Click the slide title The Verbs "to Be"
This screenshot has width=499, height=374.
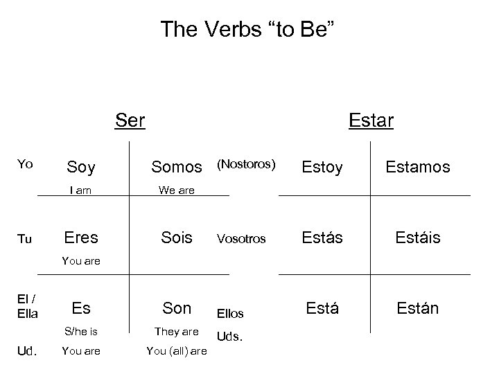click(x=249, y=29)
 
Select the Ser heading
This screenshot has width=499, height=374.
click(x=130, y=121)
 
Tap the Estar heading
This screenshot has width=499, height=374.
click(x=371, y=121)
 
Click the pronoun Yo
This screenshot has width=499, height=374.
click(x=25, y=164)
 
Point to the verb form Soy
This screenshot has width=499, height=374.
click(x=80, y=167)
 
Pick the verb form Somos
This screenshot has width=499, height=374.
click(x=177, y=167)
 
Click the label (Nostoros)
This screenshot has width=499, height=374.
click(x=247, y=165)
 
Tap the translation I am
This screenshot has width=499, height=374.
click(x=80, y=189)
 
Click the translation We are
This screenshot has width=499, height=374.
click(x=177, y=189)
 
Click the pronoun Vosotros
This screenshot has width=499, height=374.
click(x=241, y=238)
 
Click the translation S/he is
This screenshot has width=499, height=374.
click(x=80, y=331)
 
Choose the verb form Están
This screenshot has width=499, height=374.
click(x=417, y=308)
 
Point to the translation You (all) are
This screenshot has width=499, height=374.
click(x=177, y=351)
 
